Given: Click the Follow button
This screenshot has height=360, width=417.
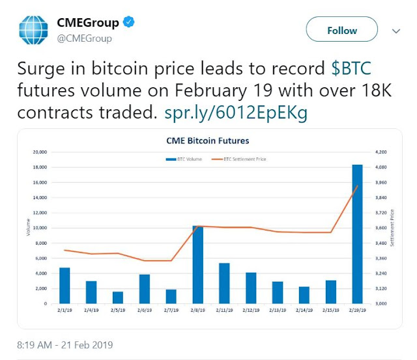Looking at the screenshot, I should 342,31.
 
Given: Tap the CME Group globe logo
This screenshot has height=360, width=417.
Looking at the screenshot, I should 33,31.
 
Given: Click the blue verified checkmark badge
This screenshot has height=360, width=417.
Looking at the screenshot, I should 130,23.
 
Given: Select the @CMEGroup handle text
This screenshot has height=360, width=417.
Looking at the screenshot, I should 85,38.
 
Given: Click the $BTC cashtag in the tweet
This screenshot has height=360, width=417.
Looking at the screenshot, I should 356,68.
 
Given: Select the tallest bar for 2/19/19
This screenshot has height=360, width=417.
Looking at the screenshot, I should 358,234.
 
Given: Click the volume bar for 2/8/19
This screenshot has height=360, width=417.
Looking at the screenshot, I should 198,264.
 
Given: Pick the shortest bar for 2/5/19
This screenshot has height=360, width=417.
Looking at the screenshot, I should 118,298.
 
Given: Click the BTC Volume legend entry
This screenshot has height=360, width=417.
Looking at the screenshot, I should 185,159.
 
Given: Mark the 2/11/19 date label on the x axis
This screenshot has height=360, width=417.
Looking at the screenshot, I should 224,311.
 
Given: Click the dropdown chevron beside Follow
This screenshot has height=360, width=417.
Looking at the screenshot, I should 396,31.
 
